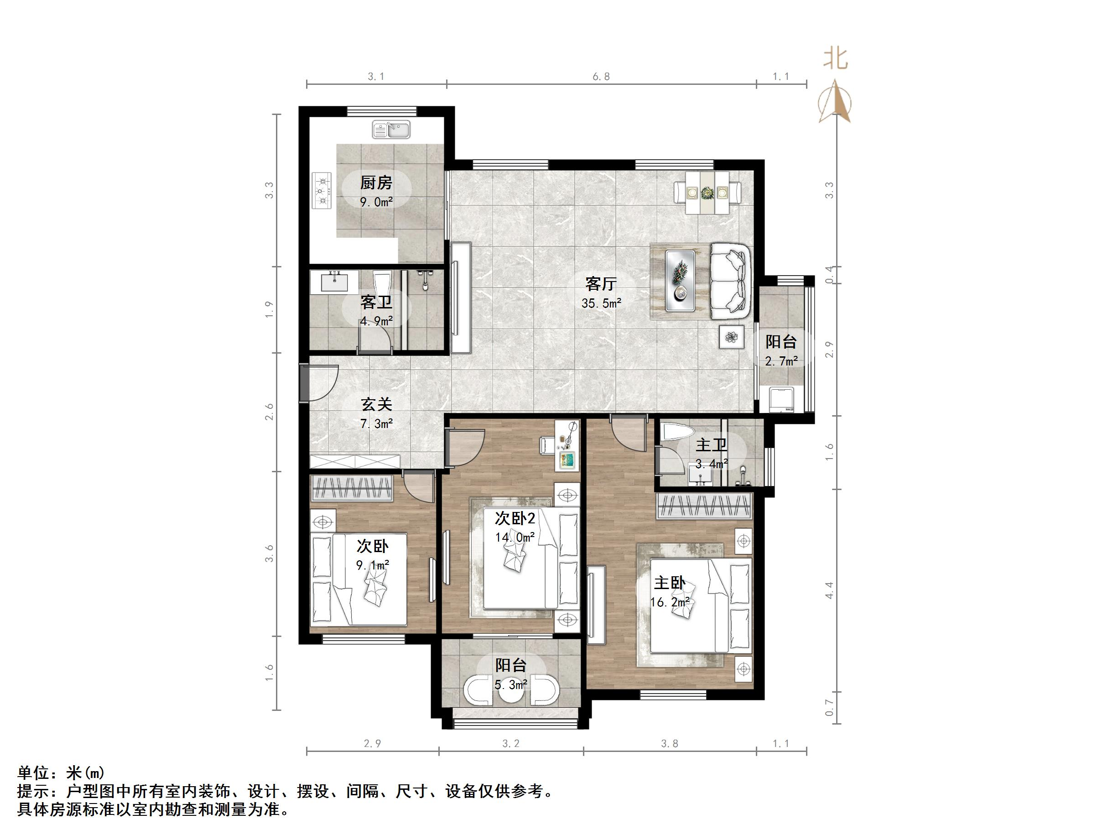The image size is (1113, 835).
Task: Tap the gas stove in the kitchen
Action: tap(322, 191)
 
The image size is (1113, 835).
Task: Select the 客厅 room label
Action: tap(601, 284)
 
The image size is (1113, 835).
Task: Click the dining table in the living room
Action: tap(707, 192)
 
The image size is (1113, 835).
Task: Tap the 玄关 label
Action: tap(376, 404)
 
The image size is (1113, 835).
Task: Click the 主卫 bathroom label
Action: tap(711, 445)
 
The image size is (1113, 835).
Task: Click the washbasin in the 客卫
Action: tap(334, 282)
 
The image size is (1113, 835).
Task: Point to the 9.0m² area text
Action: tap(376, 202)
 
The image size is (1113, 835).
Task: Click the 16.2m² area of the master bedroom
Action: tap(669, 602)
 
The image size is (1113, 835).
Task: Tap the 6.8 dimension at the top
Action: tap(601, 77)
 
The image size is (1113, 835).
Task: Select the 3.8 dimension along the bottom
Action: tap(669, 743)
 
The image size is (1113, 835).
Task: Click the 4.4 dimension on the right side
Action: tap(829, 590)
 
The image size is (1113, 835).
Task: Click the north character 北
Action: tap(835, 59)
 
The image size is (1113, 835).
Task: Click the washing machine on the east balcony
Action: tap(777, 399)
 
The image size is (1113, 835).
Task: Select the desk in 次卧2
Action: tap(567, 446)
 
